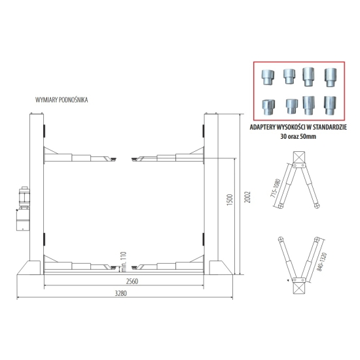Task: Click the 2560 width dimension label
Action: point(132,281)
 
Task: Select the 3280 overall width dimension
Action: point(121,293)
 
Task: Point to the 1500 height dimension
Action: point(230,200)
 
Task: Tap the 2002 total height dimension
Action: point(247,197)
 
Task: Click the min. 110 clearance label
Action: point(124,262)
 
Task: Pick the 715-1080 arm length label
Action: point(276,189)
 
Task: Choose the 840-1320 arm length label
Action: point(323,262)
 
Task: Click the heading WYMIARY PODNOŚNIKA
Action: point(62,100)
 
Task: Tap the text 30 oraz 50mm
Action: point(298,136)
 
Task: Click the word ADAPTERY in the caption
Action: point(262,127)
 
